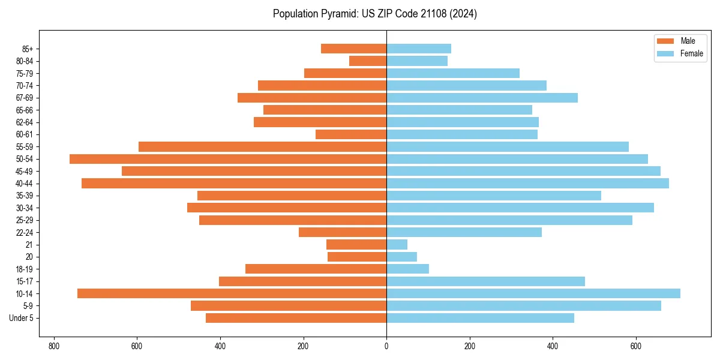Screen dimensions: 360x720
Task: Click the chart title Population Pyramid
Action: pos(374,14)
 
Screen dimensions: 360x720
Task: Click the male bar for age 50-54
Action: pos(228,159)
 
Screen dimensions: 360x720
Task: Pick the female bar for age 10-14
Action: pos(533,293)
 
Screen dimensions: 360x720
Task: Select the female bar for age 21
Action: pos(397,244)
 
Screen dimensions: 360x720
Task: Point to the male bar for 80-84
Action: pos(368,61)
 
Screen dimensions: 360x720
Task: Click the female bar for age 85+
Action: pos(419,49)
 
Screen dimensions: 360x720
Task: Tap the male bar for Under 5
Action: pos(296,318)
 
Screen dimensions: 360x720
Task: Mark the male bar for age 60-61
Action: pos(351,134)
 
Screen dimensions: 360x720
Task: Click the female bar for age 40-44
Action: pos(527,184)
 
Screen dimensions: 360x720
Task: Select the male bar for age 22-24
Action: pos(343,232)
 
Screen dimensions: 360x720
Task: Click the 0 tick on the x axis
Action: pos(386,346)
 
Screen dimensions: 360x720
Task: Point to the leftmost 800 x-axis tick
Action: pos(54,346)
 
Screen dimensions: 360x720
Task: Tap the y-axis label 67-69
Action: pos(25,98)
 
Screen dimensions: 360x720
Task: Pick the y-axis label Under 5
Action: pos(21,318)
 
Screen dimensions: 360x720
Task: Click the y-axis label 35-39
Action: pos(25,196)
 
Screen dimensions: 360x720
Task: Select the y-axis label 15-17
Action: pos(25,281)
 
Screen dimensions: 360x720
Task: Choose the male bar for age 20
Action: pos(357,257)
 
